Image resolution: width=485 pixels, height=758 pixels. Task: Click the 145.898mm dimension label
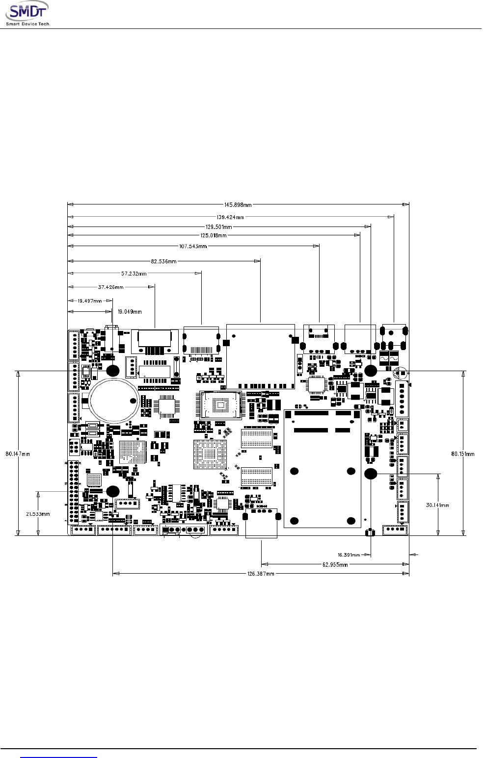click(x=238, y=205)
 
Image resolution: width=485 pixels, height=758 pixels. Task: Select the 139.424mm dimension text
click(x=230, y=217)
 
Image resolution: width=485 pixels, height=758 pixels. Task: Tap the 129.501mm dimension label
click(x=218, y=227)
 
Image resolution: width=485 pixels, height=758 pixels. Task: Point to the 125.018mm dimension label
click(x=213, y=235)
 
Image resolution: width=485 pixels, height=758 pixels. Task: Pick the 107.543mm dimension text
click(x=193, y=246)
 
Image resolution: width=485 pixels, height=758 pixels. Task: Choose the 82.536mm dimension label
click(x=164, y=261)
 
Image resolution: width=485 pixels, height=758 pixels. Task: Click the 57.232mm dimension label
click(x=134, y=274)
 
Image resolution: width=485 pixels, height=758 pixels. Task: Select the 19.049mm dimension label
click(x=130, y=311)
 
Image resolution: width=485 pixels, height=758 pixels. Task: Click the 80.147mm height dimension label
click(x=18, y=454)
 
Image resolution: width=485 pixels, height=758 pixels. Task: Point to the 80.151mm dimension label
click(x=463, y=454)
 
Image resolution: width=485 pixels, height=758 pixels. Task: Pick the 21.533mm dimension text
click(x=38, y=514)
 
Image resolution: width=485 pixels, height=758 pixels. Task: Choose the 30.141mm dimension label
click(x=437, y=505)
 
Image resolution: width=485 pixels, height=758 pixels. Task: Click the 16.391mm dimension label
click(x=349, y=555)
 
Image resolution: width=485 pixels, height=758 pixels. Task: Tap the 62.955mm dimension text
click(x=335, y=564)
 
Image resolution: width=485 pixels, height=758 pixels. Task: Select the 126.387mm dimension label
click(x=261, y=573)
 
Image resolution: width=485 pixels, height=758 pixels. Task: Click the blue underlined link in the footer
click(x=59, y=755)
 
